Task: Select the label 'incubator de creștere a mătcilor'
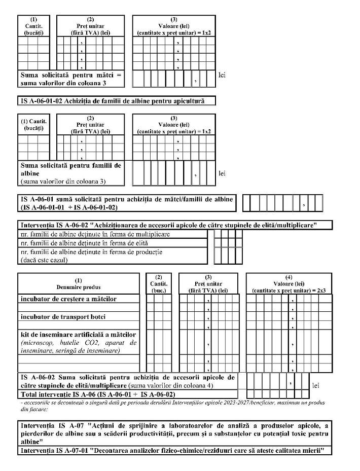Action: [68, 299]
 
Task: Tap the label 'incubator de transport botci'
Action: [63, 317]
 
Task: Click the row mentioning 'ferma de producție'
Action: [91, 252]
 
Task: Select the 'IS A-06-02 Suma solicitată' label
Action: [127, 381]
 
